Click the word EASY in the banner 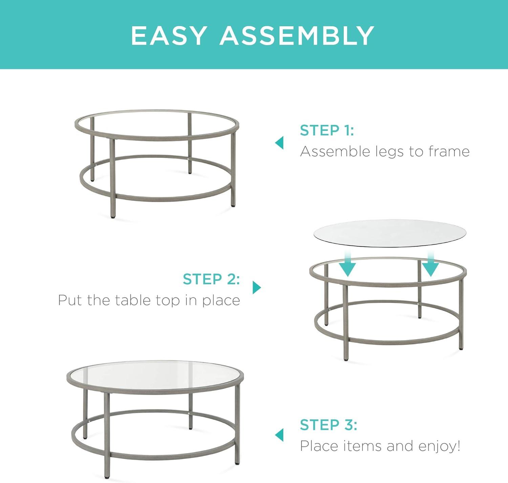169,35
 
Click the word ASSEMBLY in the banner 297,35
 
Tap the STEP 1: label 327,130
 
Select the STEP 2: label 211,279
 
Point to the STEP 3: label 329,425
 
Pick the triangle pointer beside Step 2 257,288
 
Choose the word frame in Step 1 449,151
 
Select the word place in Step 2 221,301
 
